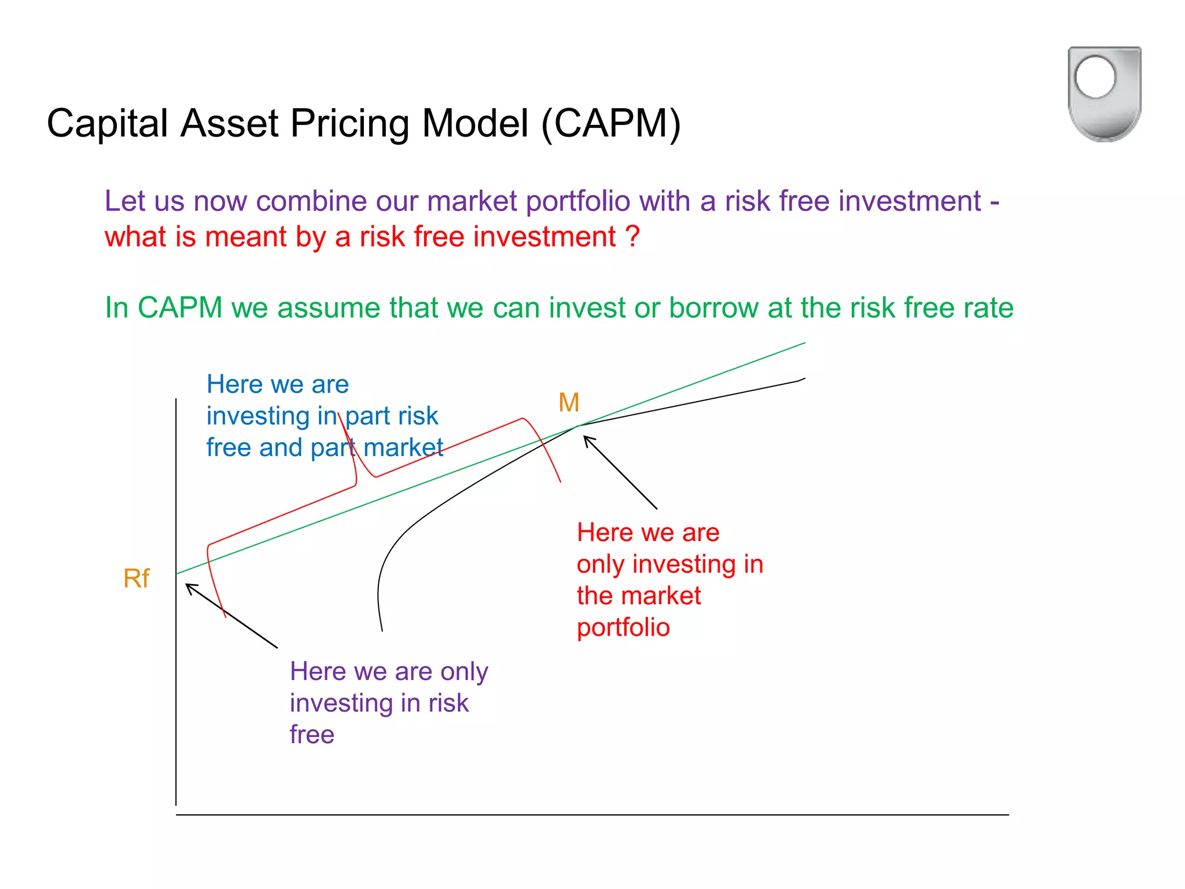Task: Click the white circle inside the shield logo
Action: (x=1095, y=77)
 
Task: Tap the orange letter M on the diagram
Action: (x=569, y=402)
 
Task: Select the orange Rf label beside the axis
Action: (x=137, y=578)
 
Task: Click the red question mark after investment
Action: (x=632, y=237)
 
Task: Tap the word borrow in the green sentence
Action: (x=713, y=307)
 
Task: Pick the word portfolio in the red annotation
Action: (x=623, y=627)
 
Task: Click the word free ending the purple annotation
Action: (x=312, y=734)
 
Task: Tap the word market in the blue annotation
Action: (x=403, y=447)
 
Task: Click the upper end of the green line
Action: (x=804, y=343)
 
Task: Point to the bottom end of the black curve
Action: (x=382, y=630)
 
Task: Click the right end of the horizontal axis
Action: (x=1007, y=815)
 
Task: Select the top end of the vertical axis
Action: (x=176, y=400)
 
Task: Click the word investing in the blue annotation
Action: (x=258, y=416)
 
